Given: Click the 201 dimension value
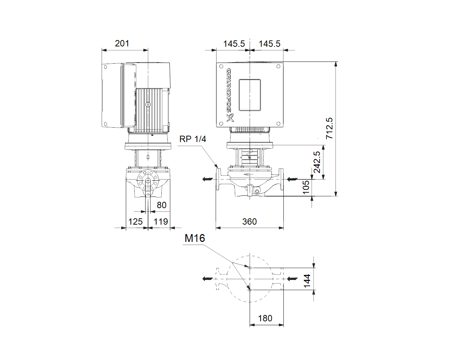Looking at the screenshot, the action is tap(122, 44).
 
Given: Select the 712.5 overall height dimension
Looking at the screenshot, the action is tap(329, 128).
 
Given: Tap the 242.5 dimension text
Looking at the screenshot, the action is tap(317, 162).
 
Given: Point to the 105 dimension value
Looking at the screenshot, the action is tap(306, 187).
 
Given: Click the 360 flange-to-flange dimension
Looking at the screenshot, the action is tap(250, 221).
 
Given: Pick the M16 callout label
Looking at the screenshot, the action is tap(195, 238).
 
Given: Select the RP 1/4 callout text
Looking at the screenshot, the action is tap(193, 139).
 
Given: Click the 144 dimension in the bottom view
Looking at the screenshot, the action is tap(307, 281).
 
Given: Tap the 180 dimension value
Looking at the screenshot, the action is tap(265, 319).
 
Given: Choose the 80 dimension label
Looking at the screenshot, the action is tap(161, 205).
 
